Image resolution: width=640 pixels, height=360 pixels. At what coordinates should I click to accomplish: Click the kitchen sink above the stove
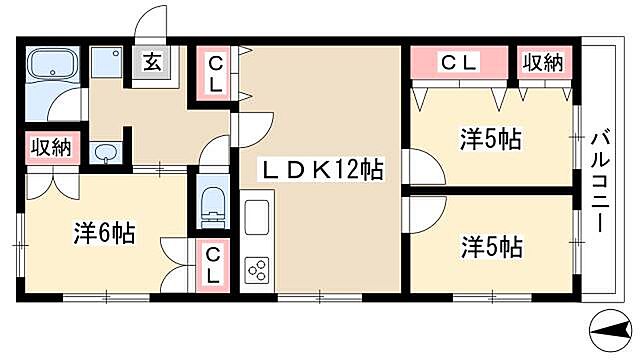(256, 218)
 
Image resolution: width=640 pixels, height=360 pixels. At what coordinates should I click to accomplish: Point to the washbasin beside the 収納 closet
(106, 153)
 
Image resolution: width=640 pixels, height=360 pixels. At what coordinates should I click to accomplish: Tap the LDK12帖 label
(321, 170)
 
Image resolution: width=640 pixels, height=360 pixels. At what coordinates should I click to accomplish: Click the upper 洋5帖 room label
(489, 140)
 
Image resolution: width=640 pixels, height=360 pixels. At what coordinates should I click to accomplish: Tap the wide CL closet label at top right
(459, 63)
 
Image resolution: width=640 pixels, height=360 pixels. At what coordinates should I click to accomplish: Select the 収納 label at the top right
(542, 63)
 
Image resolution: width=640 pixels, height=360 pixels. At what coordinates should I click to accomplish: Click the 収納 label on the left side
(50, 148)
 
